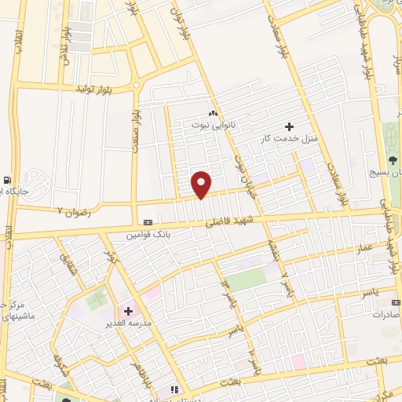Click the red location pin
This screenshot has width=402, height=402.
[202, 185]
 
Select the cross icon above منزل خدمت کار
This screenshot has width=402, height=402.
[290, 126]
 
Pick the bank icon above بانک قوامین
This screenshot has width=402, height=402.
[148, 222]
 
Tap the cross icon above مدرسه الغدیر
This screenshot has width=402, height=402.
[128, 311]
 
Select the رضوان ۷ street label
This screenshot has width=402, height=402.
[75, 212]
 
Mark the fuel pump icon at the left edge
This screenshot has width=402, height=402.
[7, 179]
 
